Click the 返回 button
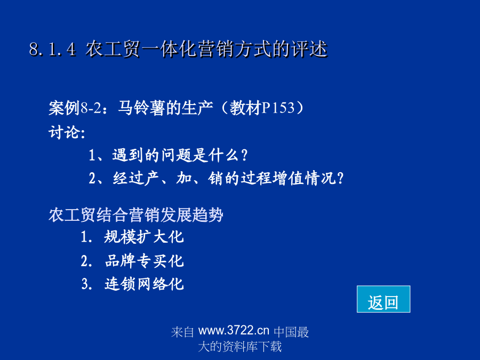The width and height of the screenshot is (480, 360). click(x=383, y=299)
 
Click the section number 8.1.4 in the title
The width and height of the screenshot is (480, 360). click(x=53, y=49)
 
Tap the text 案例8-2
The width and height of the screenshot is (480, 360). click(x=75, y=108)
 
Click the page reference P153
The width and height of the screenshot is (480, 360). click(x=278, y=108)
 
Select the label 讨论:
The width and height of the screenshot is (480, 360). click(x=67, y=132)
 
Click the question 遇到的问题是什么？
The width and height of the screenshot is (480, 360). click(x=180, y=155)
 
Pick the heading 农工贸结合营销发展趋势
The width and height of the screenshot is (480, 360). click(x=136, y=215)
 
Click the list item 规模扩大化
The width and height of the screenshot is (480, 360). click(x=144, y=237)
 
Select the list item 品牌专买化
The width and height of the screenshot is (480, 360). click(x=144, y=261)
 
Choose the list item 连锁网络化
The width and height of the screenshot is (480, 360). click(x=144, y=284)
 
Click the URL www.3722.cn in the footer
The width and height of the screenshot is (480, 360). click(x=234, y=331)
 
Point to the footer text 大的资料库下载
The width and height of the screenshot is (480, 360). click(x=240, y=347)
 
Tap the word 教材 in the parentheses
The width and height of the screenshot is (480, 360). click(x=245, y=108)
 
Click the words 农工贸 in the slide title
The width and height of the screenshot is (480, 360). click(x=113, y=49)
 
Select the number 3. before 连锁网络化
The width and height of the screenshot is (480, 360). click(x=87, y=284)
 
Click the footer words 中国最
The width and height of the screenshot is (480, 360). click(x=291, y=332)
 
